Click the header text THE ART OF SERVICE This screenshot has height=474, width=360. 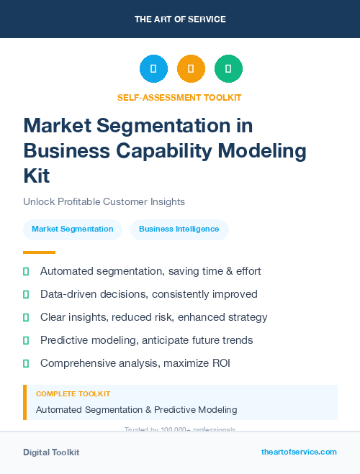pos(179,19)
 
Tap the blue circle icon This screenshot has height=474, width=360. pos(153,69)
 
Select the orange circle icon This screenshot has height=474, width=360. pos(191,69)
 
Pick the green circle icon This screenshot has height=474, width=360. pos(228,69)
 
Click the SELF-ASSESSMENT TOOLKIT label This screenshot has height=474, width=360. pos(179,97)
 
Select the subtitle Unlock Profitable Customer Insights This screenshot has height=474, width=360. pos(104,201)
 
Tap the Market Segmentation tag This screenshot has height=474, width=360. pos(73,229)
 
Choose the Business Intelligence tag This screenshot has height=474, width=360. pos(179,229)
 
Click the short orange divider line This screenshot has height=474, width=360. pos(39,252)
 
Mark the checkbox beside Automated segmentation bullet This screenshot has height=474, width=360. pos(26,271)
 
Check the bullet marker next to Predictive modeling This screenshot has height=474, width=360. pos(26,340)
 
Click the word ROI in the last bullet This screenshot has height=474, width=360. pos(220,363)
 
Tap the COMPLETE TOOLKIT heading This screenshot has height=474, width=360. pos(73,394)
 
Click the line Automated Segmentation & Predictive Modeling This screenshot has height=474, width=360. pos(136,409)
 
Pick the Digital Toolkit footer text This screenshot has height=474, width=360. pos(51,452)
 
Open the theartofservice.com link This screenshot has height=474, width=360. pos(299,452)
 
